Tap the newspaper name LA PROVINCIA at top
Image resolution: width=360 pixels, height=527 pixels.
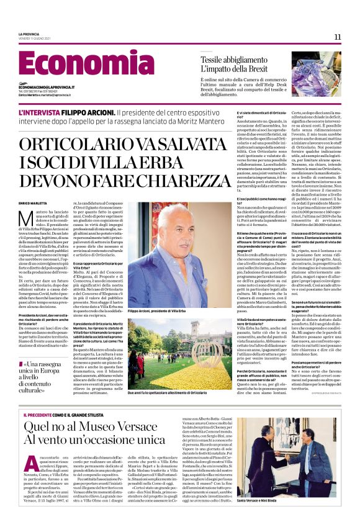(x=29, y=34)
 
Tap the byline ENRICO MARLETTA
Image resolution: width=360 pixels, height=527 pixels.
(x=33, y=203)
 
